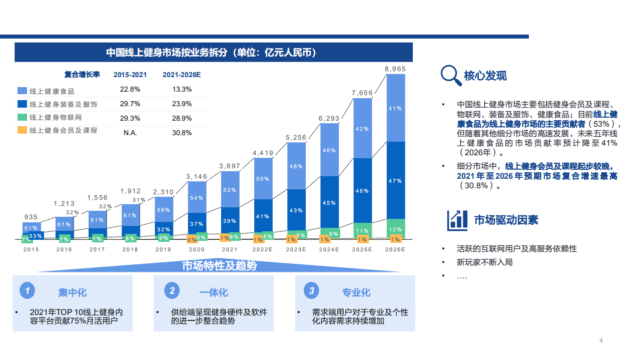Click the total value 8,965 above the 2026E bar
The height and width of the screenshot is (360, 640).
tap(395, 69)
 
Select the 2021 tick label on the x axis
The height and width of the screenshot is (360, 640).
tap(230, 249)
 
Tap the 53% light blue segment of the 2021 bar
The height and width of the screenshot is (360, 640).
tap(230, 190)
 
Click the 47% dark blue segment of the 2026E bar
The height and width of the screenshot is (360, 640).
tap(395, 180)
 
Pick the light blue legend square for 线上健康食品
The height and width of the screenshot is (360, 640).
tap(22, 91)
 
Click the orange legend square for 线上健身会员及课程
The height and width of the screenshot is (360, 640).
tap(22, 130)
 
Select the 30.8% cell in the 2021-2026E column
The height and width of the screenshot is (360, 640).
tap(182, 133)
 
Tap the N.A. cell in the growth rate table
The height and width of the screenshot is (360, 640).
tap(130, 133)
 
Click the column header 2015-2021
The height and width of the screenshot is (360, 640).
tap(130, 75)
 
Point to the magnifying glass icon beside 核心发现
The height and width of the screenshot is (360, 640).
tap(450, 76)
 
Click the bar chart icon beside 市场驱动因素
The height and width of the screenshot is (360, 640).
tap(457, 219)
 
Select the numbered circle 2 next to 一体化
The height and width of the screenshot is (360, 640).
tap(172, 291)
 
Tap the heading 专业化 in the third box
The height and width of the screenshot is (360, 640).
tap(356, 292)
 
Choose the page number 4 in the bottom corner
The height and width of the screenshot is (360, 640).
tap(601, 341)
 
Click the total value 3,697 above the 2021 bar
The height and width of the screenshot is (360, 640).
tap(230, 166)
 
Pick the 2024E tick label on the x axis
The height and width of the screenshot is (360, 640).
tap(329, 249)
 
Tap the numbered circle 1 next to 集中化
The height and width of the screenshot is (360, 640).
tap(28, 291)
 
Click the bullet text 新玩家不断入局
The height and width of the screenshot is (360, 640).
tap(484, 262)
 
